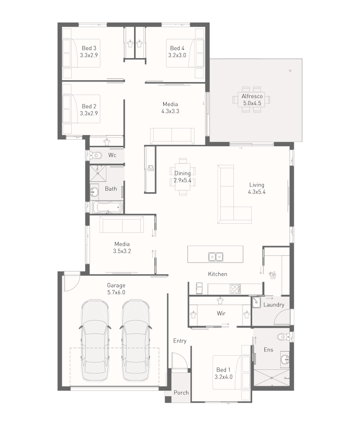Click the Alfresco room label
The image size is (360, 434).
pos(252,97)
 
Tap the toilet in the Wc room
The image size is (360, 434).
pos(97,155)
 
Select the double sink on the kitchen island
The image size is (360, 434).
pos(216,256)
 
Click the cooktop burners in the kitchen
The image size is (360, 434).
pos(235,289)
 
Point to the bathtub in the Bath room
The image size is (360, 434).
pos(108,207)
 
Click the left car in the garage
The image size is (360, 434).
pos(94,340)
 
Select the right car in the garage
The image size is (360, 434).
pos(135,340)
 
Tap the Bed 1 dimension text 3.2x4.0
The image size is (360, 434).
pos(224,377)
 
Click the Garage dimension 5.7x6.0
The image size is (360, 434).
pos(116,292)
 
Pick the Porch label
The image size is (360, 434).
pos(181,392)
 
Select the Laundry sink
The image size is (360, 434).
pos(256,302)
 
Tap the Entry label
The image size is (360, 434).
pos(180,341)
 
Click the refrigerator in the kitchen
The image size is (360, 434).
pos(199,288)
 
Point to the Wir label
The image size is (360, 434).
pos(221,314)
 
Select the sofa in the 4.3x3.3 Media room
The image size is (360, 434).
pos(172,135)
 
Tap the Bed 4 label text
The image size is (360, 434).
pos(177,48)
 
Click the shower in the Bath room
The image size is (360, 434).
pos(98,173)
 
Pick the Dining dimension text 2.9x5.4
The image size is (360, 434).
pos(182,180)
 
